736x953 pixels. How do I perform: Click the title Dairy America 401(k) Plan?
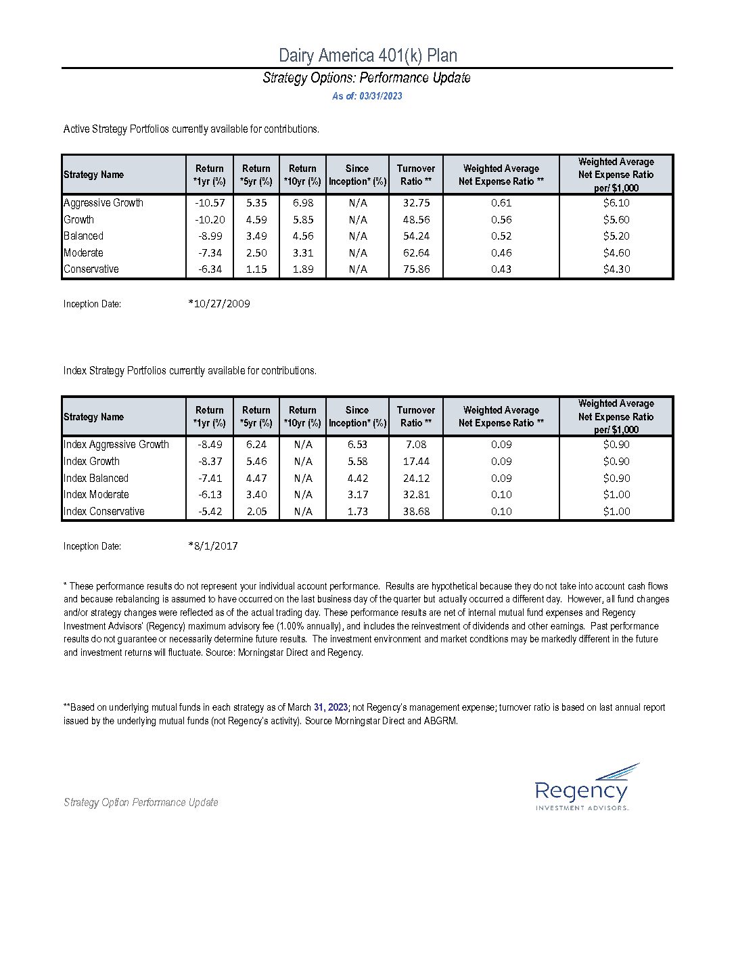[x=367, y=56]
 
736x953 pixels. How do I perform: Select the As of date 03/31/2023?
[x=367, y=96]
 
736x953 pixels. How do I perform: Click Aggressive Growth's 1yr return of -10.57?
[x=210, y=202]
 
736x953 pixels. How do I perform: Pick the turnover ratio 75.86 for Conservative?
[x=416, y=269]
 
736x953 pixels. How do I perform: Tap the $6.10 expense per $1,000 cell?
[x=616, y=202]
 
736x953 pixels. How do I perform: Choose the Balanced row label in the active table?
[x=83, y=236]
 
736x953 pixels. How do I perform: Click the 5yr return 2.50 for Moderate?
[x=256, y=252]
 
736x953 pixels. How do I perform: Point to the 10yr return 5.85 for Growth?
[x=302, y=219]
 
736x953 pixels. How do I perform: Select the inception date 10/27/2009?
[x=219, y=304]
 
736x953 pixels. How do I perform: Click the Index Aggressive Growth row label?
[x=116, y=444]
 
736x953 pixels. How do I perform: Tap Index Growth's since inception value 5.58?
[x=357, y=461]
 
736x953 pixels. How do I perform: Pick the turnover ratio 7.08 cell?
[x=416, y=444]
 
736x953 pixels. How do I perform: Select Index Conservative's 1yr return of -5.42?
[x=210, y=511]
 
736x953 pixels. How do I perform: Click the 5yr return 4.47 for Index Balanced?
[x=256, y=478]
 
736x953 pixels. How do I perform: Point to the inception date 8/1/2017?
[x=213, y=546]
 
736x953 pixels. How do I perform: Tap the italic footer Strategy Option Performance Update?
[x=141, y=802]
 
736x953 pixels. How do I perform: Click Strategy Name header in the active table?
[x=93, y=175]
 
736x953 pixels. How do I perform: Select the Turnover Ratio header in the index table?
[x=416, y=416]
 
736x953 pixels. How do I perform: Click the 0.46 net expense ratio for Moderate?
[x=501, y=252]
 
